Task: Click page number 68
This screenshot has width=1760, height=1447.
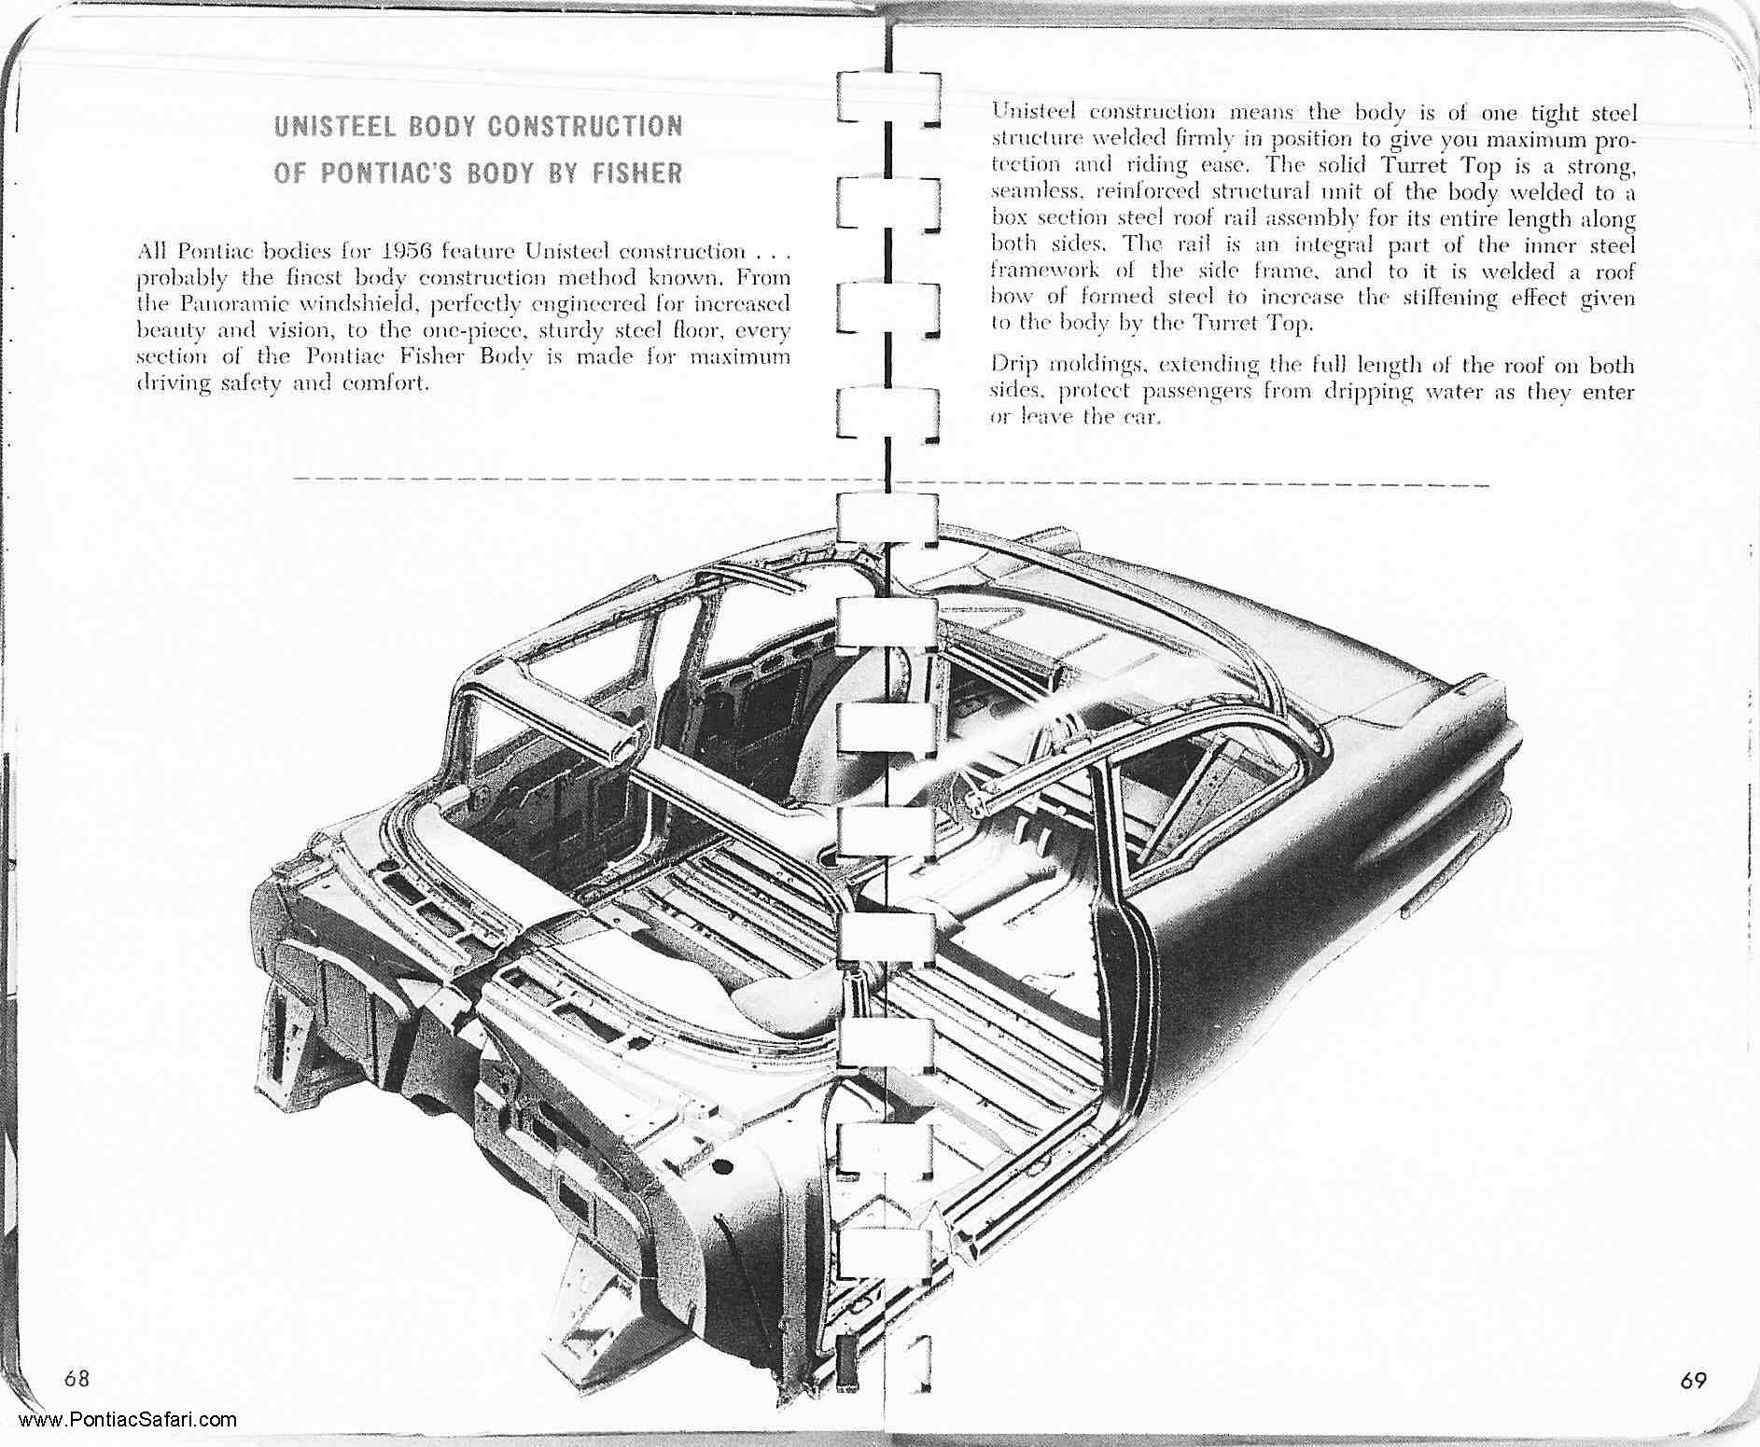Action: pos(77,1379)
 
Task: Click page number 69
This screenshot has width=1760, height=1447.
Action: pos(1694,1381)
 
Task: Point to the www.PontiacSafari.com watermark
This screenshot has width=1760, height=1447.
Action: pos(127,1421)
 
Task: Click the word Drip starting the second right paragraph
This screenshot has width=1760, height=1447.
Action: pos(1011,364)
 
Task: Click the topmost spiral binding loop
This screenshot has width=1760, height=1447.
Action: pos(887,97)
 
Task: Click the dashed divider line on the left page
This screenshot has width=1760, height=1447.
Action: pos(560,480)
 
